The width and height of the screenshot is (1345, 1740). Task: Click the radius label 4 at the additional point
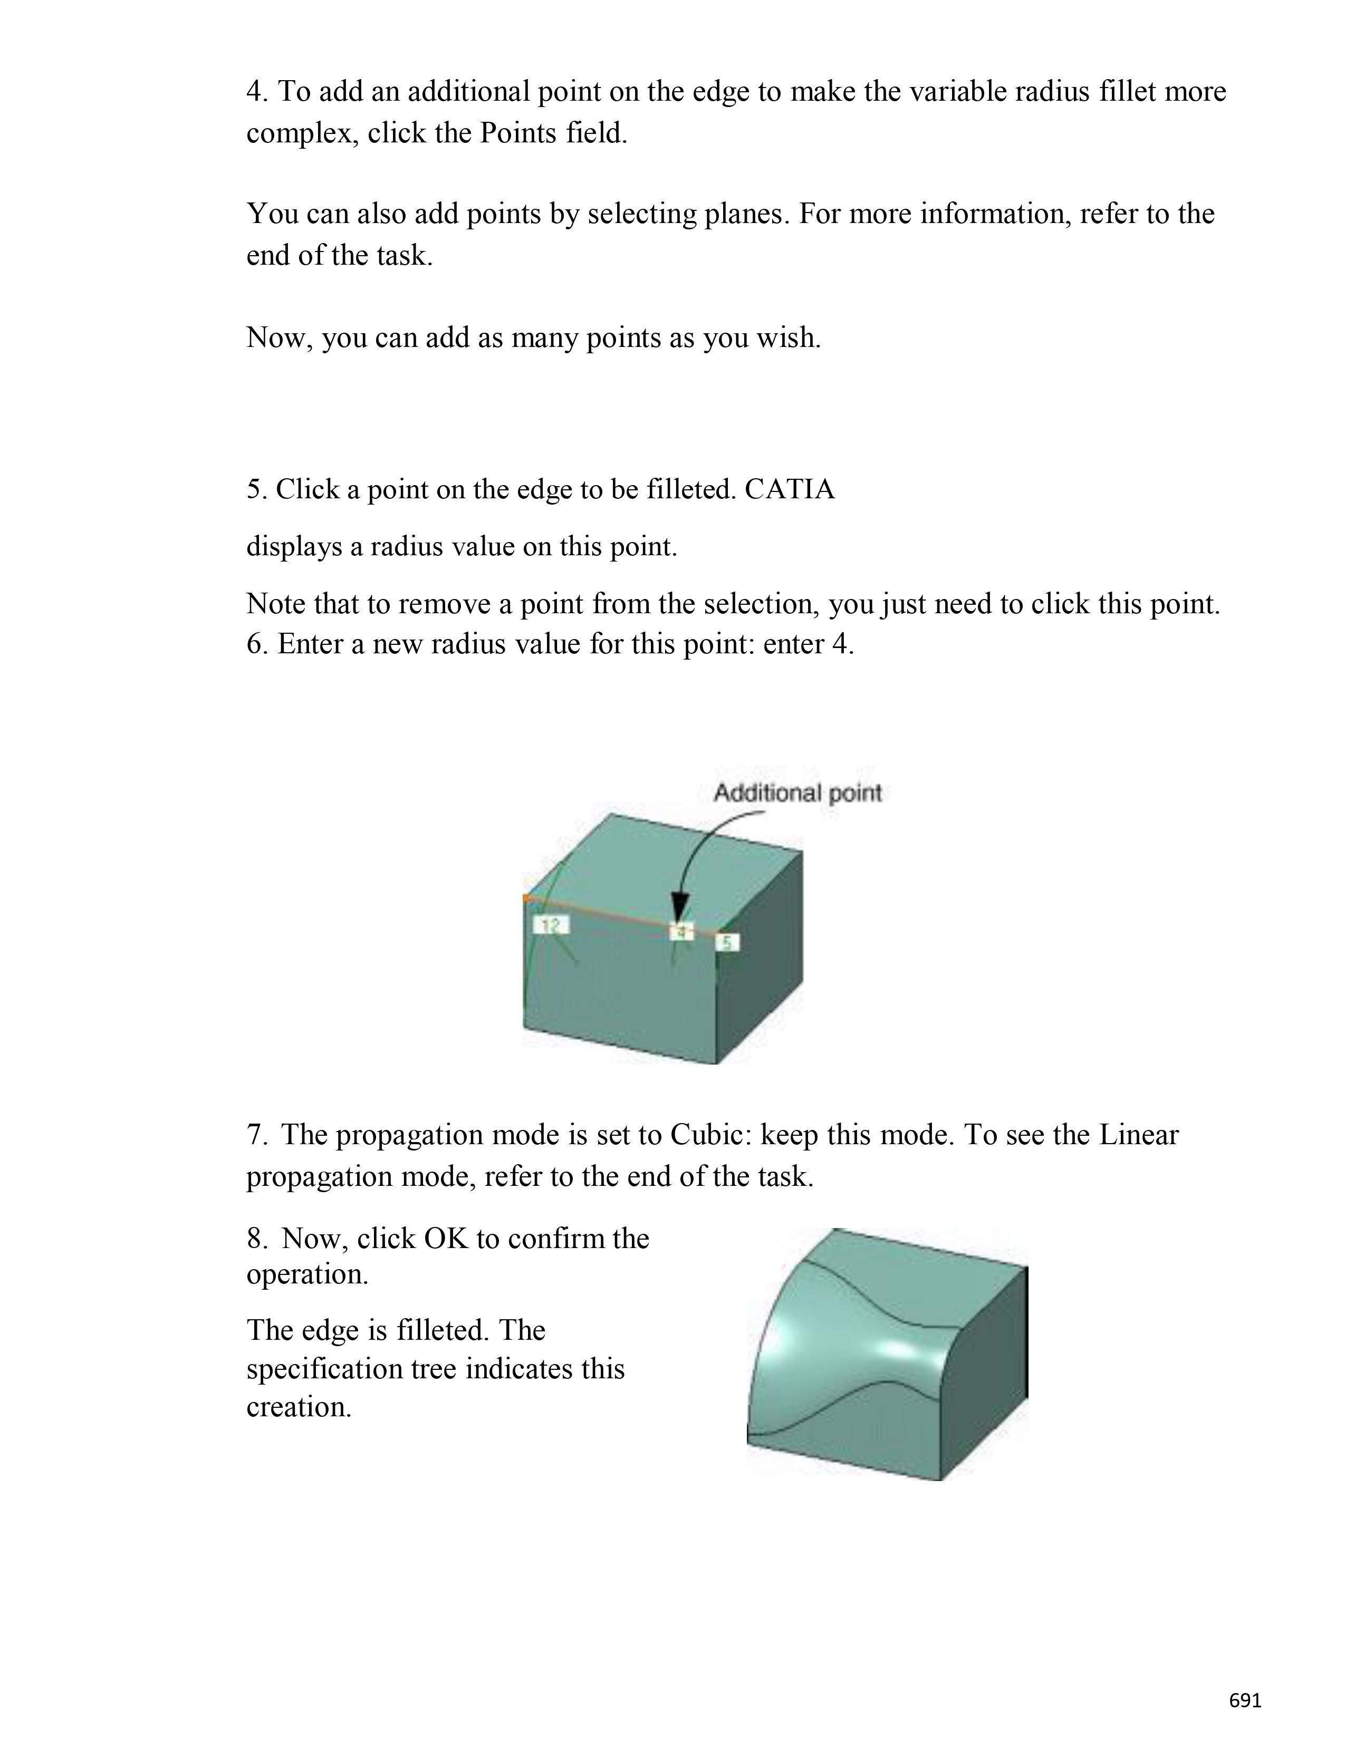coord(681,931)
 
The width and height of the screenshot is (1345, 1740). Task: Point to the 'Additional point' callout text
coord(797,792)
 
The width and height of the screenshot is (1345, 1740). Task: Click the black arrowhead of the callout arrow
coord(679,908)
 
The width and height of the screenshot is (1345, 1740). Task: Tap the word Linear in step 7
coord(1138,1135)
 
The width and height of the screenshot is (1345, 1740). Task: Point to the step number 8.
coord(256,1238)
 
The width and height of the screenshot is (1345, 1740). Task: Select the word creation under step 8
coord(298,1406)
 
